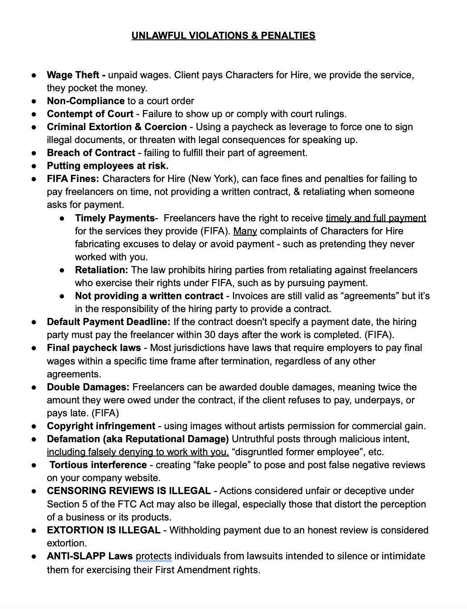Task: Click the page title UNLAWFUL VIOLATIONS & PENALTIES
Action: click(x=223, y=36)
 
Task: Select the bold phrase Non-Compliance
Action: click(x=86, y=101)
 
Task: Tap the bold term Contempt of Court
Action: click(x=90, y=114)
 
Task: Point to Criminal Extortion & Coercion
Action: click(x=117, y=127)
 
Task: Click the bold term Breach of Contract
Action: click(x=91, y=153)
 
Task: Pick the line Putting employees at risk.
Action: click(x=108, y=166)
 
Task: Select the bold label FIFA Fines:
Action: click(x=73, y=179)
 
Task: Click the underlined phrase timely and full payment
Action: click(x=376, y=218)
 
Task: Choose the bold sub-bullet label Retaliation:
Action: click(x=102, y=270)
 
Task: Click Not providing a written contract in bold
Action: click(x=149, y=296)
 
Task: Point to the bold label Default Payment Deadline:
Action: click(x=108, y=322)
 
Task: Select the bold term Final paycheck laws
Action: click(x=94, y=348)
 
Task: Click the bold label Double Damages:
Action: click(x=88, y=387)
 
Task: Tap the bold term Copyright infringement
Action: click(x=101, y=426)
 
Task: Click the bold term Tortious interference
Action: click(x=98, y=465)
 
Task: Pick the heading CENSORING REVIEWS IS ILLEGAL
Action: click(x=129, y=491)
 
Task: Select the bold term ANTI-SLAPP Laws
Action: click(x=90, y=556)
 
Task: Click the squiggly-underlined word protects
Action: click(x=154, y=557)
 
